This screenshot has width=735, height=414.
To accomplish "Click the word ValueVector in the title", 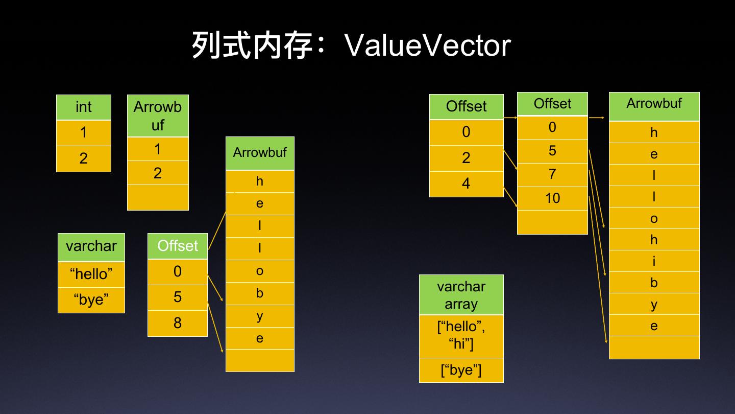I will tap(428, 45).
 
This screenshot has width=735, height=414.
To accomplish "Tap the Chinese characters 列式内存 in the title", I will tap(252, 45).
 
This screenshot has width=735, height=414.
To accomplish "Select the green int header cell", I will tap(84, 107).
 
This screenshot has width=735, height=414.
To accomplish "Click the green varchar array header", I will tap(461, 295).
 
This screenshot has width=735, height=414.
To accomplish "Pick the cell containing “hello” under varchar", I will tap(91, 274).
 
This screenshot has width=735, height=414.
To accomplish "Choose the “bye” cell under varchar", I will tap(91, 300).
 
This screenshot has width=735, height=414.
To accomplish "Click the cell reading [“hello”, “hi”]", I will tap(461, 336).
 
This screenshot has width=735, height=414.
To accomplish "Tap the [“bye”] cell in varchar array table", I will tap(461, 370).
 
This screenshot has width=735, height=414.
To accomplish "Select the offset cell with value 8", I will tap(178, 323).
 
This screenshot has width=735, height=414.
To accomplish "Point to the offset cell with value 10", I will tap(552, 198).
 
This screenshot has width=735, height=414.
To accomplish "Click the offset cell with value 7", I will tap(552, 175).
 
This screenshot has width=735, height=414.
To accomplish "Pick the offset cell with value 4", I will tap(466, 183).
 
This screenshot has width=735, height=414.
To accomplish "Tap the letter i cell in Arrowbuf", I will tap(654, 261).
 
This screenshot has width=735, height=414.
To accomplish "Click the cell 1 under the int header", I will tap(84, 133).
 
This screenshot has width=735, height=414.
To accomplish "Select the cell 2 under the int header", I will tap(84, 158).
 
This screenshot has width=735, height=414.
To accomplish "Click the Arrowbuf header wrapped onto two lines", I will tap(158, 116).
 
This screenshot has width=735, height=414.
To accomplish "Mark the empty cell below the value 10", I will tap(552, 222).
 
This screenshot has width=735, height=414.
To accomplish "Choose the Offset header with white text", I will tap(178, 246).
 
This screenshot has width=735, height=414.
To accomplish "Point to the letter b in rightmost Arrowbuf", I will tap(654, 283).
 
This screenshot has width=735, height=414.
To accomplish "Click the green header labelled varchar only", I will tap(91, 247).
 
